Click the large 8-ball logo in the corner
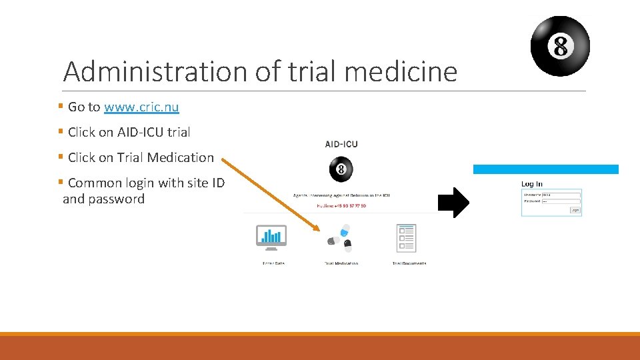(560, 46)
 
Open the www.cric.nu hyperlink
(141, 107)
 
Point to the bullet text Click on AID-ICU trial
(129, 132)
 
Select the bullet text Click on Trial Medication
(141, 157)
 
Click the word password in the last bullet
(117, 199)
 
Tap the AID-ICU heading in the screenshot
(341, 144)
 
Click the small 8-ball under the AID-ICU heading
(341, 169)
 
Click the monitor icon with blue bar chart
(271, 237)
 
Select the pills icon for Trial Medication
(339, 238)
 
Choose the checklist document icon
(406, 238)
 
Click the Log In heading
(532, 184)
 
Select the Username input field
(560, 195)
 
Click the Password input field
(560, 201)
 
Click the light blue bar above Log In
(545, 169)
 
